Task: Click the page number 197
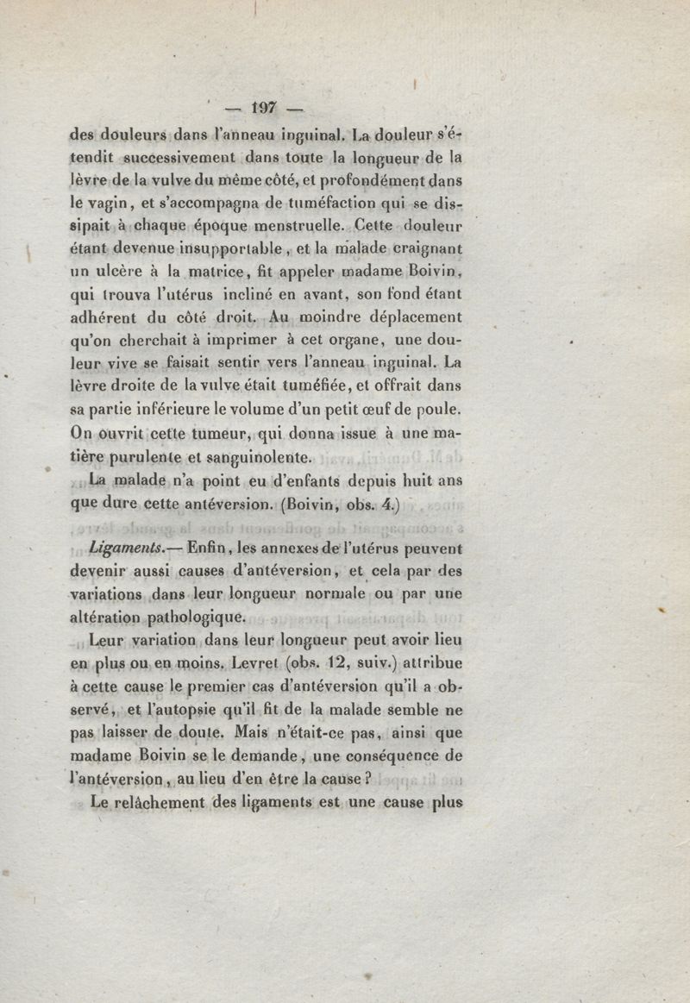(x=261, y=108)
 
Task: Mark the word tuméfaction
(x=337, y=204)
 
